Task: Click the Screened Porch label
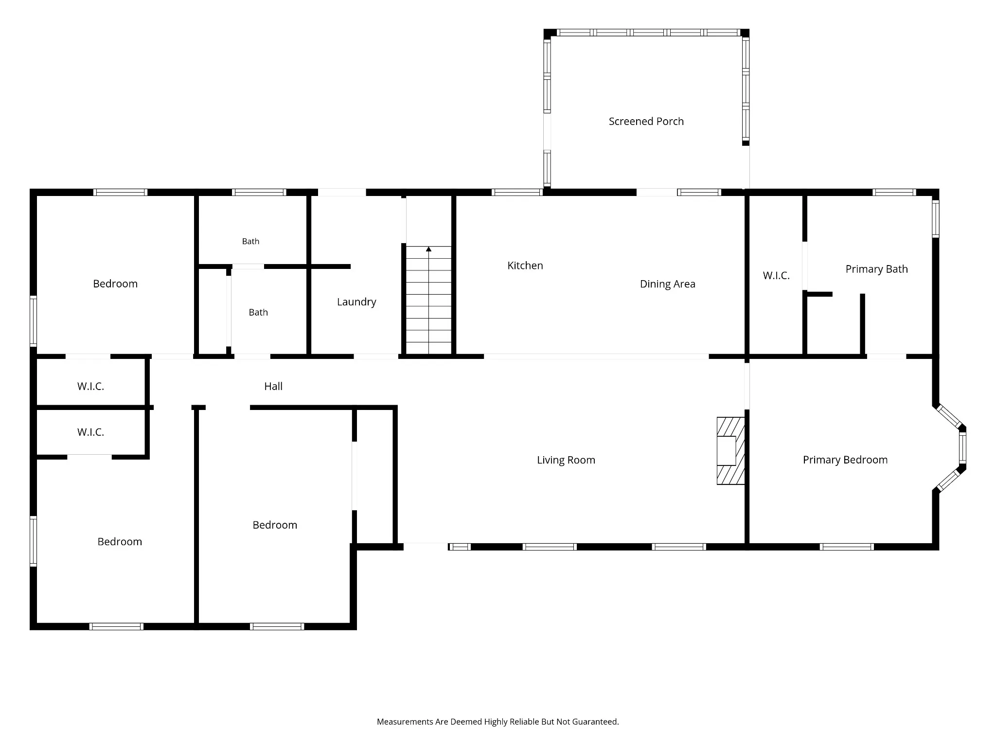646,121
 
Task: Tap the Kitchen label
525,266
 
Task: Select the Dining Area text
667,284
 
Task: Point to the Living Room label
566,460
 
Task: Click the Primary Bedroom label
845,460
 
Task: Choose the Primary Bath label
876,269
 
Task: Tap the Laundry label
356,302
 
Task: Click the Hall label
273,386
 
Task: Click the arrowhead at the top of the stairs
428,249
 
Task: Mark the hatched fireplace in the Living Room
730,451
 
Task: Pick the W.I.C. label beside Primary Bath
776,276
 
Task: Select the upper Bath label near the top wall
250,241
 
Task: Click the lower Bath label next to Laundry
258,312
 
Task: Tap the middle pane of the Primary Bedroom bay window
962,448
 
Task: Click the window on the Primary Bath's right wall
935,219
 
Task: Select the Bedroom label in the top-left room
115,284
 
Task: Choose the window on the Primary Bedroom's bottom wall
847,547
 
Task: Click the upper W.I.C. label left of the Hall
90,386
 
